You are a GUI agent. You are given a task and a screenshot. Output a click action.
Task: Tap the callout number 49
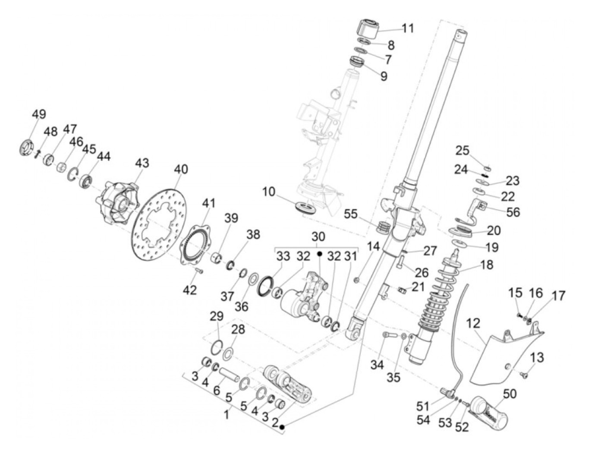coord(39,114)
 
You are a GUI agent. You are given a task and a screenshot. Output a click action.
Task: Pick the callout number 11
coord(407,28)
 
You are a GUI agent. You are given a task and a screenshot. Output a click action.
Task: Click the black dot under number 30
coord(320,254)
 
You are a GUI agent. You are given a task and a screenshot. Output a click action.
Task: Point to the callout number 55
coord(351,214)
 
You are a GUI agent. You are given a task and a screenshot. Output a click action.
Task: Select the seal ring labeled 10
coord(306,206)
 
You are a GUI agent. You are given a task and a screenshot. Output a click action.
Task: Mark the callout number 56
coord(513,212)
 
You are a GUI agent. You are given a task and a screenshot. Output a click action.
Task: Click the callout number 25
coord(462,151)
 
